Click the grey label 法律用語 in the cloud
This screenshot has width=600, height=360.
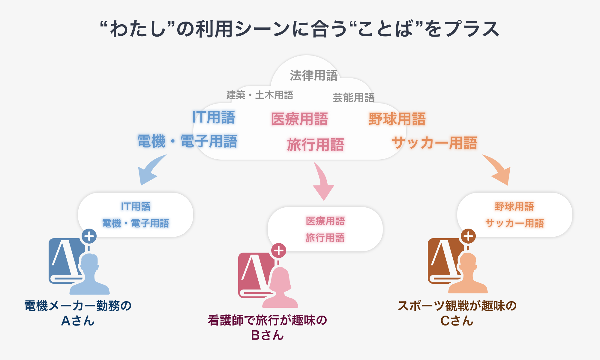pos(313,76)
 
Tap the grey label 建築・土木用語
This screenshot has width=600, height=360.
pos(260,95)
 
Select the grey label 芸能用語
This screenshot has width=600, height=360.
pos(353,97)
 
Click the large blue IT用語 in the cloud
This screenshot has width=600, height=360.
pos(214,117)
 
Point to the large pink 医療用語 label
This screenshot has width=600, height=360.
pos(299,119)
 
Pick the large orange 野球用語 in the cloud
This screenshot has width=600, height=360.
pos(397,119)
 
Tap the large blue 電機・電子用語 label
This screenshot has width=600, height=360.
pos(187,141)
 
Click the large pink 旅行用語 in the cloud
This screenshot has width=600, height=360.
pos(315,145)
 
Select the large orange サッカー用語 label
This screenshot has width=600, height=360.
pos(434,143)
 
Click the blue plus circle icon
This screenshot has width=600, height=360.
pos(89,236)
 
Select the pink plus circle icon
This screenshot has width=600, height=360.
pos(279,250)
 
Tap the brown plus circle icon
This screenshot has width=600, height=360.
pos(468,236)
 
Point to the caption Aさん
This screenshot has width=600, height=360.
pos(78,321)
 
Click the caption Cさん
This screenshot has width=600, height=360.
pos(457,321)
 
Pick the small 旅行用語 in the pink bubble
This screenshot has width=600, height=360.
pos(325,238)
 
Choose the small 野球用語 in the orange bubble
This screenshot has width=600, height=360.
pos(514,207)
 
